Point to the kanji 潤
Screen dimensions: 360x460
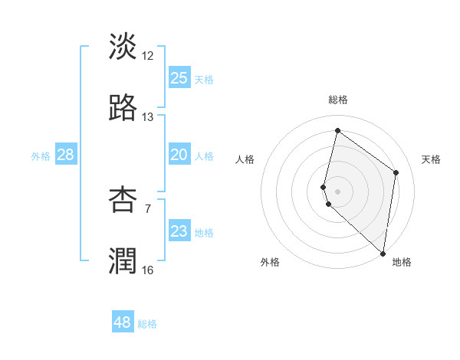click(123, 260)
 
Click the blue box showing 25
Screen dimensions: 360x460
click(179, 77)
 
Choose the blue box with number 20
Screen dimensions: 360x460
click(179, 155)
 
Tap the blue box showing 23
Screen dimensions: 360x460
click(179, 231)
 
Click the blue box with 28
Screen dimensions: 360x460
click(66, 155)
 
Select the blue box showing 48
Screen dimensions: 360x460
click(123, 322)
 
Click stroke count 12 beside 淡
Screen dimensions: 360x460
click(148, 55)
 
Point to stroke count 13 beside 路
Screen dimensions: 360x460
click(148, 117)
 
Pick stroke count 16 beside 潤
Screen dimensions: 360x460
click(148, 270)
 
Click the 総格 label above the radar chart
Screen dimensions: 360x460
click(337, 100)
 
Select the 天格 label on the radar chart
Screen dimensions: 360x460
click(431, 159)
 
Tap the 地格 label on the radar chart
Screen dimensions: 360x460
click(402, 262)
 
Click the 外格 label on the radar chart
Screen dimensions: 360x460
click(270, 262)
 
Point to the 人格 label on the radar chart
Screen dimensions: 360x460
click(245, 159)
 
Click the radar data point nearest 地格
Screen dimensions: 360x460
click(383, 253)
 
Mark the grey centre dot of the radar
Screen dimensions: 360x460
click(337, 191)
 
